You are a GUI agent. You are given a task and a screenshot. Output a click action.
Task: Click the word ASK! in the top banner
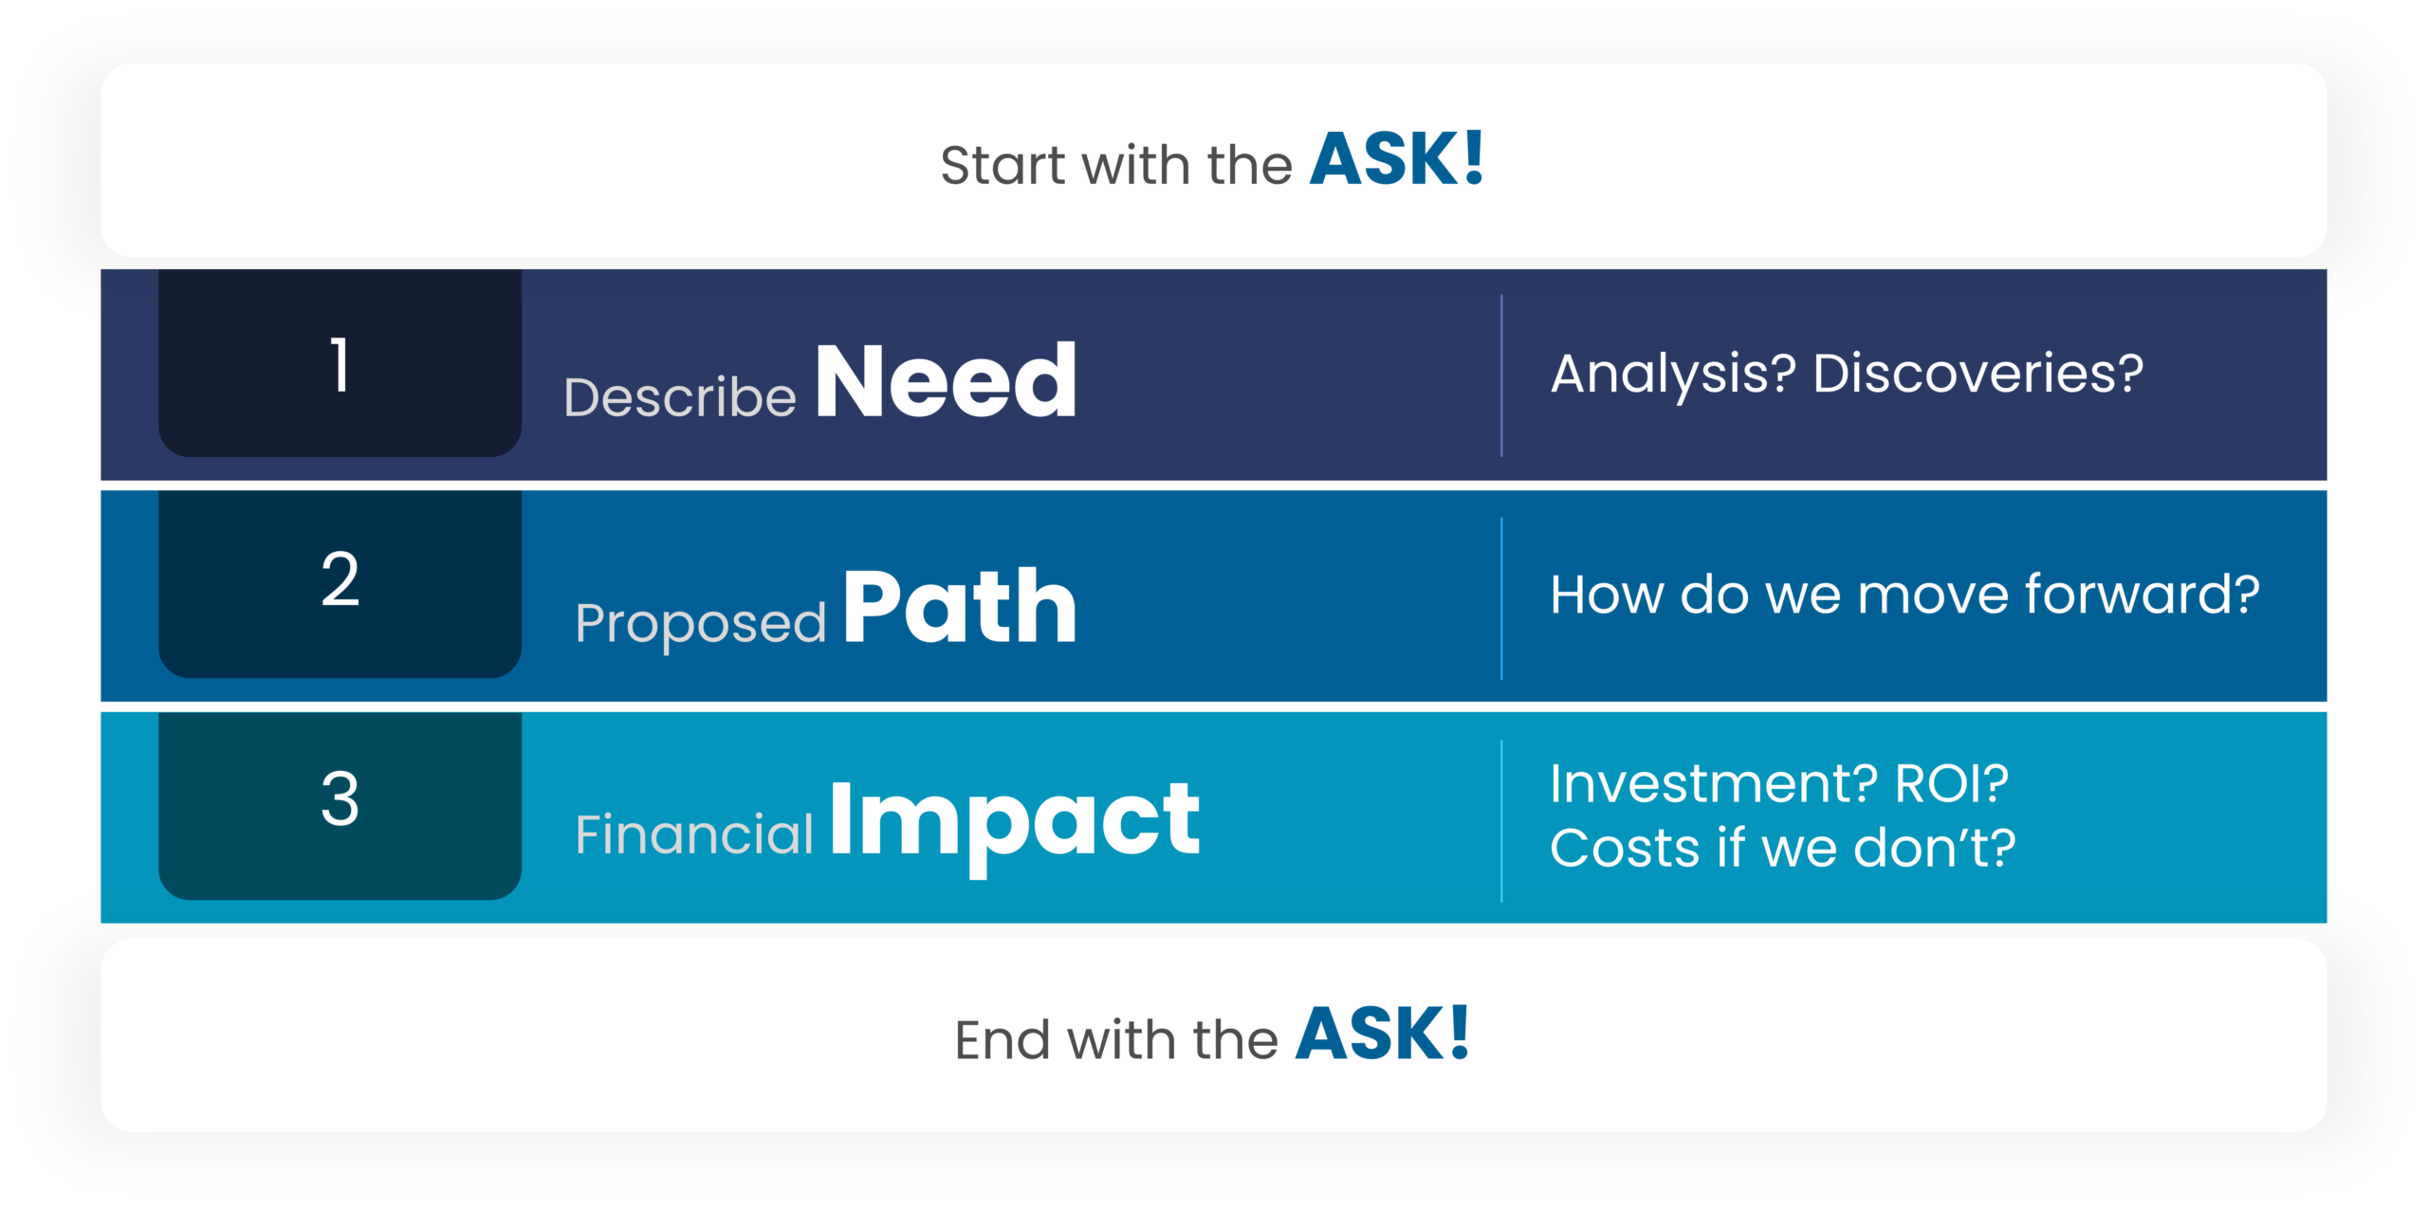click(1396, 158)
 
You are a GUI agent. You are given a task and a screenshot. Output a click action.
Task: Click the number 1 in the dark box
click(340, 365)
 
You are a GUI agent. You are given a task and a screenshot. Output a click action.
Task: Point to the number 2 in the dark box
click(340, 578)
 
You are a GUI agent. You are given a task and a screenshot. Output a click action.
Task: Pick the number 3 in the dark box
click(340, 798)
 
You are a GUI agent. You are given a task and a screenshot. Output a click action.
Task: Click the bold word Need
click(946, 380)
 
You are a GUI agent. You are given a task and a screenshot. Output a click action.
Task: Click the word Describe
click(680, 396)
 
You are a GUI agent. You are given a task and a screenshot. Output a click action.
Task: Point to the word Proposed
click(700, 624)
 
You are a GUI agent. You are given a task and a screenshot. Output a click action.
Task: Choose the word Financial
click(694, 833)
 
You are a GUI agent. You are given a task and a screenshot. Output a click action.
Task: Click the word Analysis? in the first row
click(1673, 374)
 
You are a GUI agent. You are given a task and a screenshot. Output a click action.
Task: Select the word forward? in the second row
click(2142, 595)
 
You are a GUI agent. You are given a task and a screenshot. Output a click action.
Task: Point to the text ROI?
click(1951, 783)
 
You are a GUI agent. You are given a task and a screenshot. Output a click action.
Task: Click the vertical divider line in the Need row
click(1501, 376)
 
